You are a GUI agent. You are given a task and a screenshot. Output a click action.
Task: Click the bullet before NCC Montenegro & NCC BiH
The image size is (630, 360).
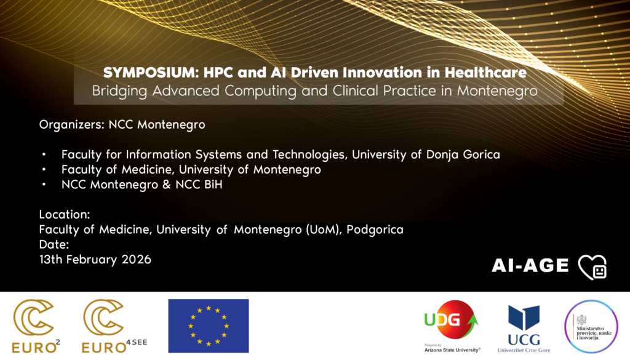(44, 185)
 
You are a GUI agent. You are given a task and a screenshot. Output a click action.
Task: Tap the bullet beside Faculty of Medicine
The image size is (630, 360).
(44, 170)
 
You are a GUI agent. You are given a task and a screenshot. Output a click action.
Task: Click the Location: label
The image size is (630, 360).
(64, 215)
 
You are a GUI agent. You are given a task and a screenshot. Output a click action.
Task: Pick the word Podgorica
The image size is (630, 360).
(375, 230)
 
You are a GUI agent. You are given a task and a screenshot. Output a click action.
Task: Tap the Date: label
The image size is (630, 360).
(54, 244)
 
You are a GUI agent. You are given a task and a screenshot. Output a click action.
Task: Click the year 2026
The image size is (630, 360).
(136, 260)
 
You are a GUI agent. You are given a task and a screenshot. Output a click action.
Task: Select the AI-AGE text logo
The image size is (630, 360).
(530, 266)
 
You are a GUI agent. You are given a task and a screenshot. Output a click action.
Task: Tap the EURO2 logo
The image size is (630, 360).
(36, 326)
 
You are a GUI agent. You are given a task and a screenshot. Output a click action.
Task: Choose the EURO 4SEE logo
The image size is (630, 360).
(114, 326)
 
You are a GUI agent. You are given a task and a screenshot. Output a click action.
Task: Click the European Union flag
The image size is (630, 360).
(209, 326)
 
